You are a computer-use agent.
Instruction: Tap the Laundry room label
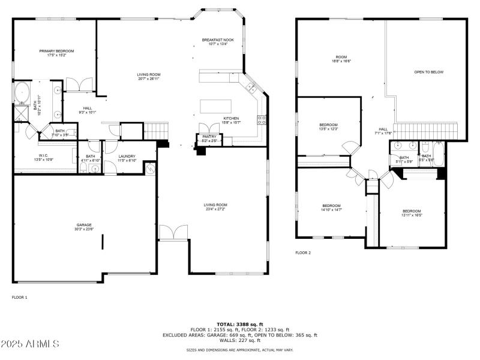tap(127, 158)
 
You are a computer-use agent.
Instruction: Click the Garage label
tap(83, 226)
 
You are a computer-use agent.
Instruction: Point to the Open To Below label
tap(428, 72)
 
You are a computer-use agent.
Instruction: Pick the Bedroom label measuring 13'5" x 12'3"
tap(328, 127)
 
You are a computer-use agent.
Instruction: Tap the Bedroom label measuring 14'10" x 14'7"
tap(331, 208)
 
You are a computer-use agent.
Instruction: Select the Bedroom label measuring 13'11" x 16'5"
tap(412, 213)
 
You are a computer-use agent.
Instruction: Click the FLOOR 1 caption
tap(20, 297)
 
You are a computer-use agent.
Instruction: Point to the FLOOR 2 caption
tap(303, 253)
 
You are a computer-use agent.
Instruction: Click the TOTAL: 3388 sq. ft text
tap(240, 325)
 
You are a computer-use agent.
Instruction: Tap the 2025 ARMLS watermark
tap(30, 344)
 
